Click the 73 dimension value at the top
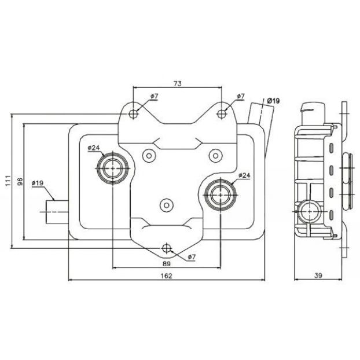click(x=178, y=83)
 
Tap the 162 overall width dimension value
click(x=167, y=275)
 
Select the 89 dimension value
click(x=167, y=264)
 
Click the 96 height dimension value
click(x=20, y=182)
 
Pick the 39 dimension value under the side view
click(x=318, y=275)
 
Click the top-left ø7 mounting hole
click(x=133, y=113)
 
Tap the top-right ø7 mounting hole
click(x=222, y=113)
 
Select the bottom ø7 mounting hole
click(x=166, y=248)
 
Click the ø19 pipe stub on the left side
click(x=57, y=212)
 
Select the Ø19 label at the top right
click(x=273, y=101)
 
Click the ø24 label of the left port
click(x=94, y=148)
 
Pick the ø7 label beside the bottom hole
click(x=192, y=257)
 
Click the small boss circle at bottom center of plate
click(x=167, y=205)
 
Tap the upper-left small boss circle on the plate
click(x=149, y=156)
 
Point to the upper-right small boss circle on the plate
click(x=215, y=156)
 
